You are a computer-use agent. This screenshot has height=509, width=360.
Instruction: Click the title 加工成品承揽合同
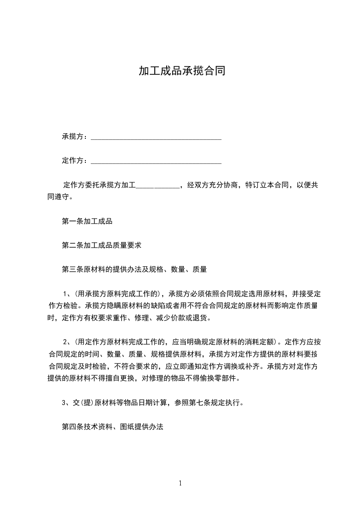coord(182,71)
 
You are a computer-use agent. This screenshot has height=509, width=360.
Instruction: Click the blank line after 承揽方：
coord(156,137)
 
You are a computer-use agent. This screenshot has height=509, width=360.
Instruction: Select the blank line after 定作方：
coord(156,161)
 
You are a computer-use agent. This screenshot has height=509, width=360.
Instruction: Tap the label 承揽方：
coord(75,137)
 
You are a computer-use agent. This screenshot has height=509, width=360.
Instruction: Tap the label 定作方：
coord(75,161)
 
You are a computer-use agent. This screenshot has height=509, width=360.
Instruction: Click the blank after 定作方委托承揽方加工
coord(158,186)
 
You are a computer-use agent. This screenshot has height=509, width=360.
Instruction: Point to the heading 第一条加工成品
coord(87,222)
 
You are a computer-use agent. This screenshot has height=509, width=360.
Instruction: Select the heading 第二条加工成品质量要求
coord(102,245)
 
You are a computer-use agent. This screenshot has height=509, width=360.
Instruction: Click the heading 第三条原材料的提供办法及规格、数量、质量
coord(134,269)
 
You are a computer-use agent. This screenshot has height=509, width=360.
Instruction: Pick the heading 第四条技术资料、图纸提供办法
coord(112,427)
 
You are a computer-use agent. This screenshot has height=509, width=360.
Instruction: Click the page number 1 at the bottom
coord(180,483)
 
